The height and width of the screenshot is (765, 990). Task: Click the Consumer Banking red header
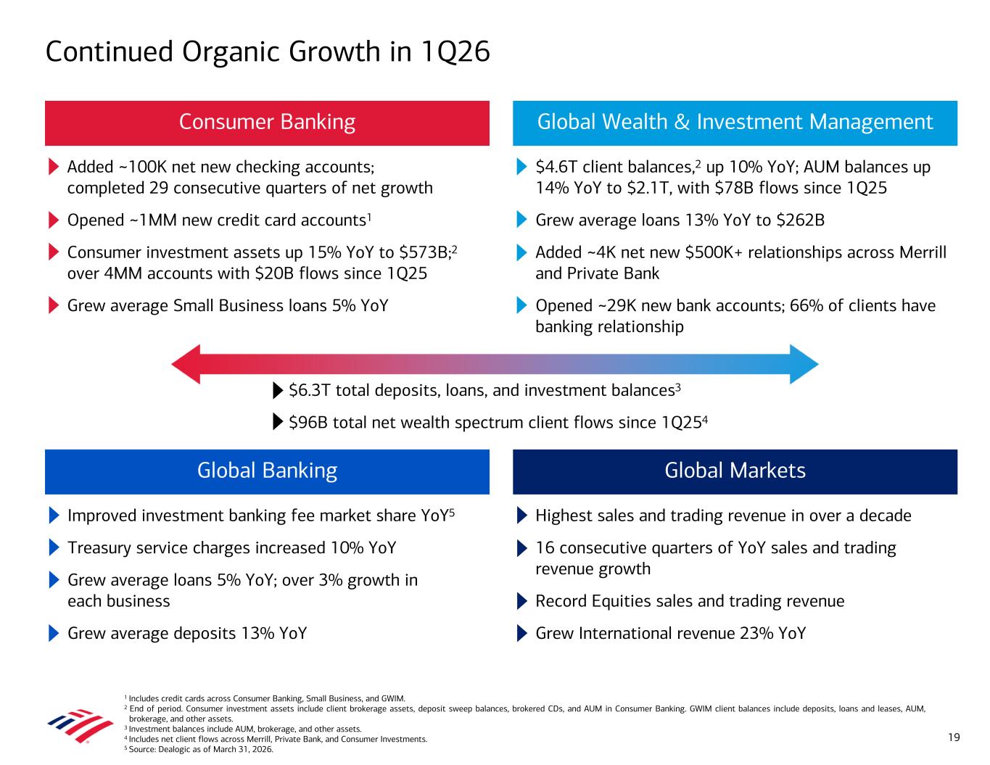pos(267,123)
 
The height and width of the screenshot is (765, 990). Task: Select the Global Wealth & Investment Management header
pos(735,123)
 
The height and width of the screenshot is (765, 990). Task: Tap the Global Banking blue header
pos(267,471)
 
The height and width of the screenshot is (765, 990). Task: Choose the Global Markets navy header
pos(735,471)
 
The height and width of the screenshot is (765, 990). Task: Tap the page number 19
pos(954,737)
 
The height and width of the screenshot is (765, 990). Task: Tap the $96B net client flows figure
pos(305,423)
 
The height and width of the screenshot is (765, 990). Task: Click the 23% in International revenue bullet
pos(756,634)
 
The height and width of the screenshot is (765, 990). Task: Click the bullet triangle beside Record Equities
pos(522,602)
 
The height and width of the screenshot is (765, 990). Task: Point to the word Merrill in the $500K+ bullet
pos(920,252)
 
